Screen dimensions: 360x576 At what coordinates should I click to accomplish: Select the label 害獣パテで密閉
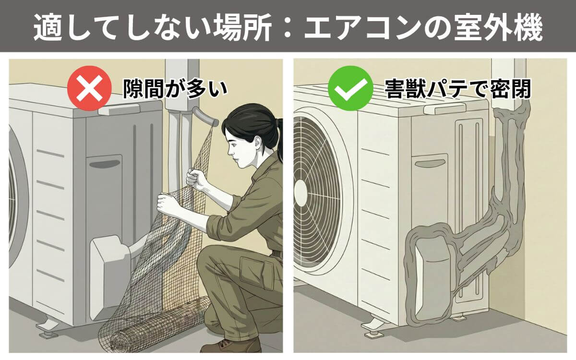click(x=458, y=89)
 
